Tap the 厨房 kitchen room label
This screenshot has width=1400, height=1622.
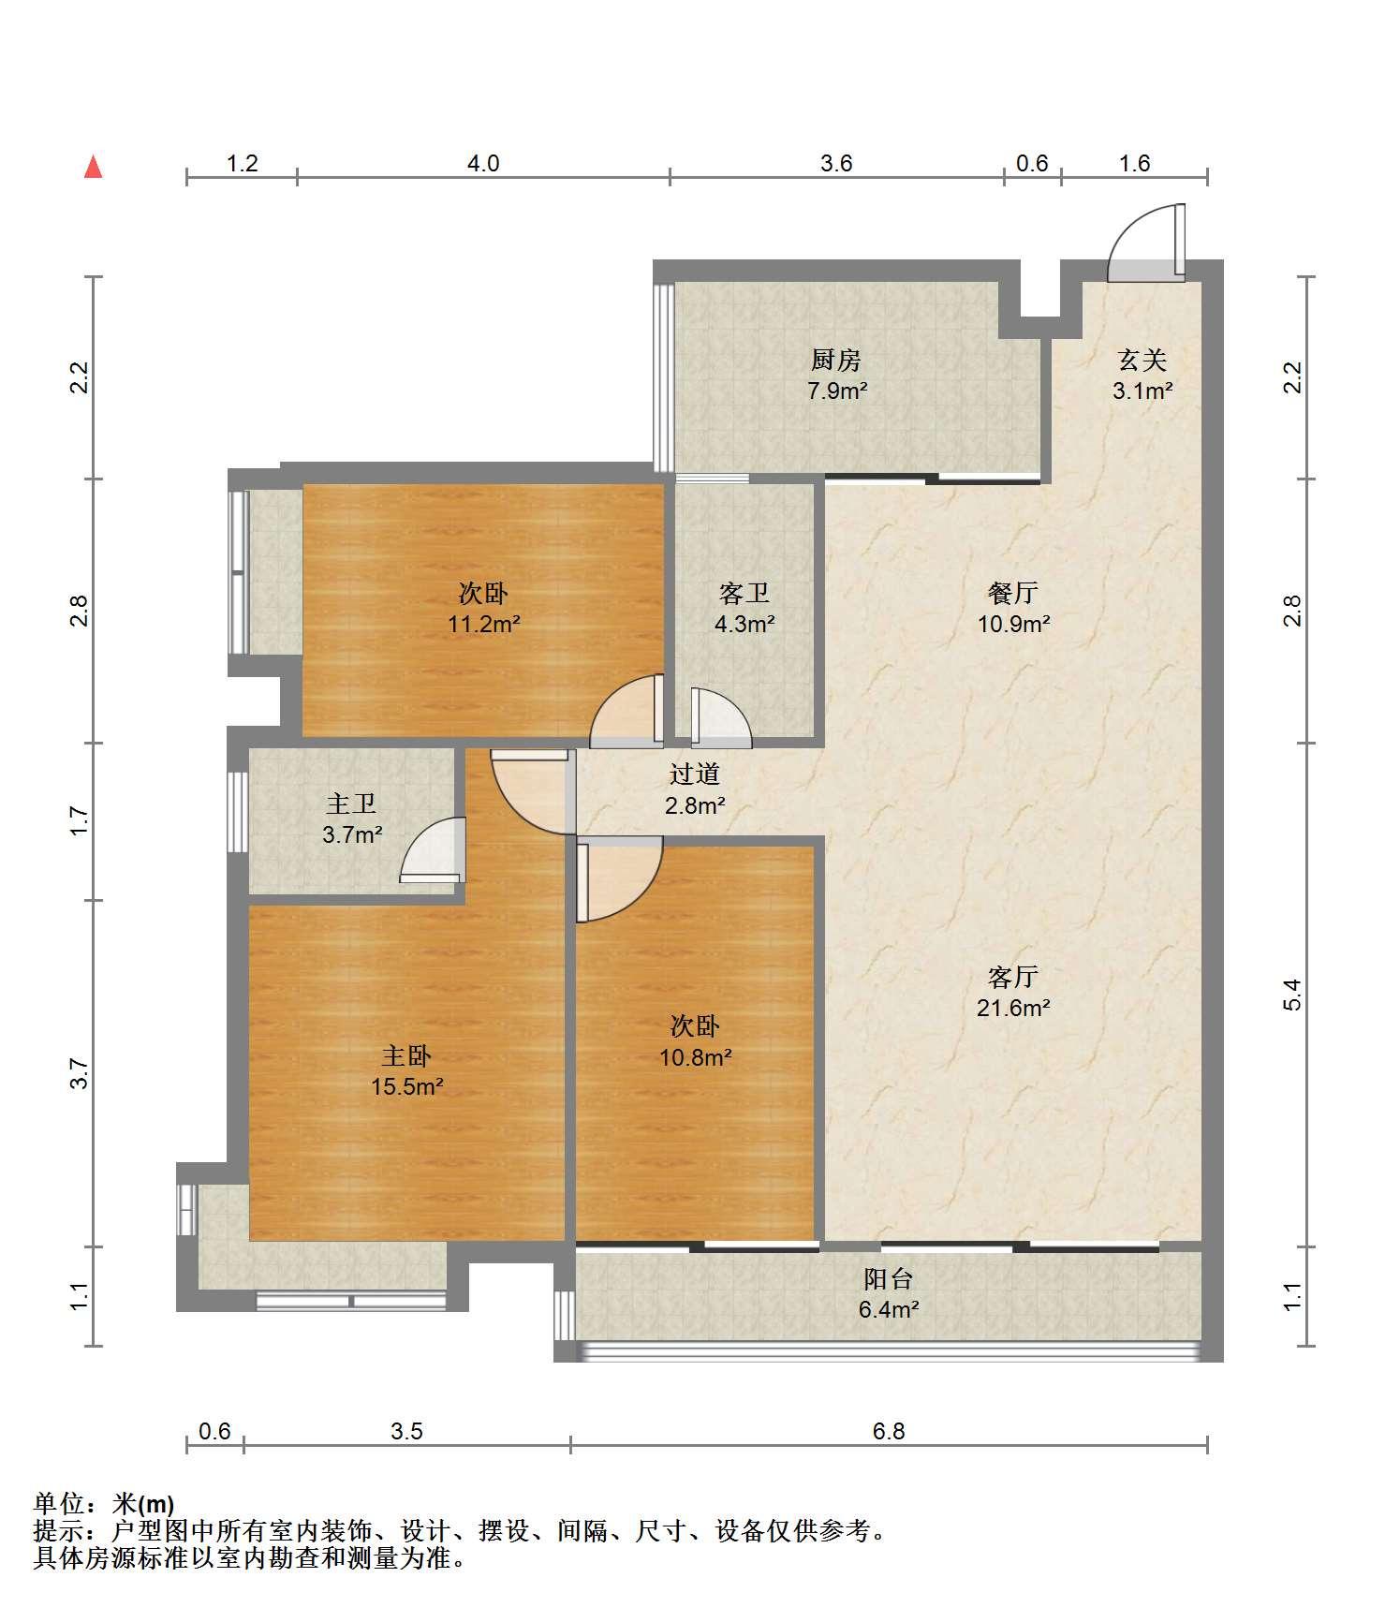coord(836,360)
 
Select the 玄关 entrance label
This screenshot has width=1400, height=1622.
coord(1142,360)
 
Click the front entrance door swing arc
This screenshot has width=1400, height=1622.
coord(1133,234)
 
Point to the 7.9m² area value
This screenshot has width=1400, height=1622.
coord(837,391)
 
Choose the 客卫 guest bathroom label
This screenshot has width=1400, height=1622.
coord(744,593)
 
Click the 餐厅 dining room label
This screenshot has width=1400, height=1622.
coord(1013,593)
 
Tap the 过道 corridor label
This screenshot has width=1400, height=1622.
coord(695,774)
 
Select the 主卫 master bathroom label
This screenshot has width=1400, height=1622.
coord(351,804)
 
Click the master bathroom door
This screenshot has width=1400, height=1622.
coord(433,849)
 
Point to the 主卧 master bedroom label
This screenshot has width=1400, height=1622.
coord(406,1056)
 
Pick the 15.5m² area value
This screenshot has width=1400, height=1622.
coord(406,1087)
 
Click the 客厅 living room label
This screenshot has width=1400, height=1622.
coord(1013,978)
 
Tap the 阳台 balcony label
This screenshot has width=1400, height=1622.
coord(888,1279)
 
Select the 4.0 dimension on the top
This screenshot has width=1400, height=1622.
coord(483,164)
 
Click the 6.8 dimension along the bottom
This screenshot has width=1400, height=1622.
coord(889,1432)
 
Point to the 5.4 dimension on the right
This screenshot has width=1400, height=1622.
coord(1293,995)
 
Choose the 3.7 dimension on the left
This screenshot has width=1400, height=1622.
coord(81,1073)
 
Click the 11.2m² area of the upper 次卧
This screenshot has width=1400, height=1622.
coord(484,624)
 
